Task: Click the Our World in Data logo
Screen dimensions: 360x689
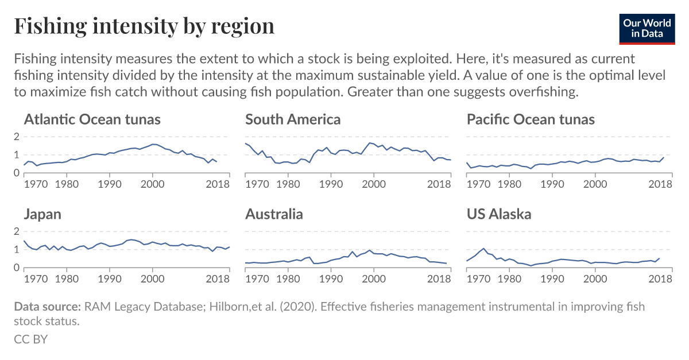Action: (647, 27)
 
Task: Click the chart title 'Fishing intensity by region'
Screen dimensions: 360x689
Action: (144, 26)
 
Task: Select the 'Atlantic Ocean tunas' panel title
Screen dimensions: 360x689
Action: (92, 119)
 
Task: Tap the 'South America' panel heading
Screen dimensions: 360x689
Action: (293, 119)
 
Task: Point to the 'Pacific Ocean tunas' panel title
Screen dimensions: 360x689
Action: (531, 119)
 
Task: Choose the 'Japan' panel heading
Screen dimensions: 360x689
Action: (42, 214)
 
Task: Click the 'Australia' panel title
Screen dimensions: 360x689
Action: (274, 214)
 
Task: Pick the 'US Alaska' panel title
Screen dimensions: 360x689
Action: (499, 214)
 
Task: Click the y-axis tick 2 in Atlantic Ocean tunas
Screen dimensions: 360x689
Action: (17, 137)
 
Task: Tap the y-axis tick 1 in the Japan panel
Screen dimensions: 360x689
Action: (17, 250)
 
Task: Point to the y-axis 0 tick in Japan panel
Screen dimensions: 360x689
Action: (17, 268)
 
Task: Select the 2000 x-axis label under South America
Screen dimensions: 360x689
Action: (374, 184)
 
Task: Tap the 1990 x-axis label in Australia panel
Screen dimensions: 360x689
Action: (331, 279)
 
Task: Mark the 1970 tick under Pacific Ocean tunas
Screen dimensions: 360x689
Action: (478, 184)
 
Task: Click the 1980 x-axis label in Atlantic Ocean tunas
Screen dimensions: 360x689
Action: (67, 184)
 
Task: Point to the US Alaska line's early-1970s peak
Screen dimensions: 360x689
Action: (484, 249)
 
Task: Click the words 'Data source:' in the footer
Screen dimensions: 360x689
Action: (47, 307)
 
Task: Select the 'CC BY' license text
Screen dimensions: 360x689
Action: (30, 339)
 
